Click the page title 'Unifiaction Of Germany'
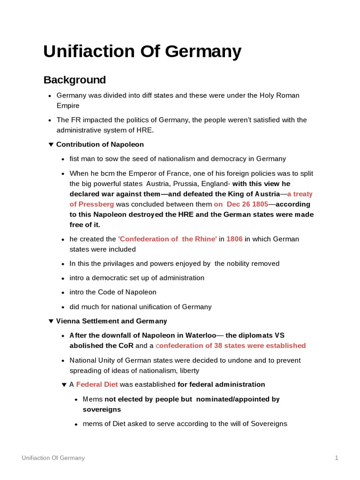point(142,51)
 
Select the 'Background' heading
point(75,80)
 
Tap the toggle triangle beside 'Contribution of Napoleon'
point(51,144)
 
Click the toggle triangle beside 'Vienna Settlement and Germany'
point(51,321)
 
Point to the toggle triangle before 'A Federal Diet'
point(64,385)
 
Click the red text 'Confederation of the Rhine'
point(167,239)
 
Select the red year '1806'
point(234,239)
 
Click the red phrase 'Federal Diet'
point(97,385)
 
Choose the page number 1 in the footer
point(337,458)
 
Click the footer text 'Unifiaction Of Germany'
point(53,458)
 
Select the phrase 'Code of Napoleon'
point(127,292)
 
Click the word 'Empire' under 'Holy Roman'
point(68,105)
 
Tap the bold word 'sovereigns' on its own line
point(99,409)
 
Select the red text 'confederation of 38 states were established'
point(230,345)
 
